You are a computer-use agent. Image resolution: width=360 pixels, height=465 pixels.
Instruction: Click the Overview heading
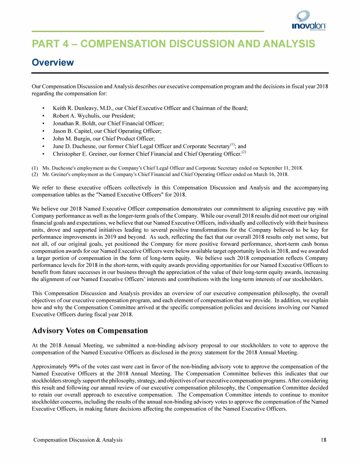point(52,62)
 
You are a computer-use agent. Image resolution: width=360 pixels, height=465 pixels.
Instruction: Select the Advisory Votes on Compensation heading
point(90,331)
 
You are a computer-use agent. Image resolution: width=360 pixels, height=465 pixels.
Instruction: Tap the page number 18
point(323,440)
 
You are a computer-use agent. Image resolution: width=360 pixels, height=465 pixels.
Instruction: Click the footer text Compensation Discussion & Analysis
point(77,440)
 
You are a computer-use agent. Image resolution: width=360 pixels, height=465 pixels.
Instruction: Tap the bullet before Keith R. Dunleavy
point(44,108)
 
